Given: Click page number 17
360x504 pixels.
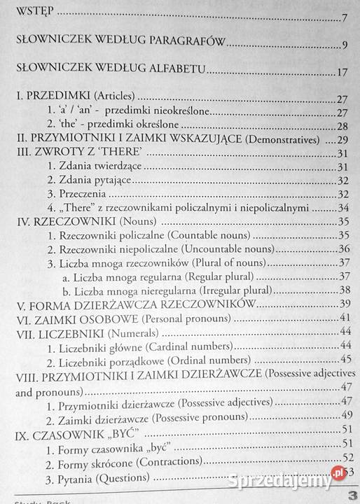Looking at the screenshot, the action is tap(342, 73).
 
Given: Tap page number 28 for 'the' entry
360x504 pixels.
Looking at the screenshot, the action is tap(342, 126).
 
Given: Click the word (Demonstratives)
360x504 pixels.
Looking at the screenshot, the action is tap(286, 140).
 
